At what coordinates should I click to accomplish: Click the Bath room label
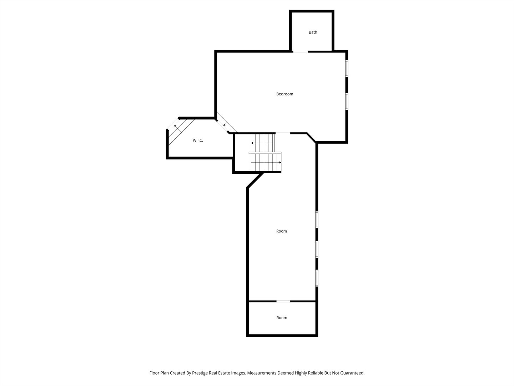(x=313, y=32)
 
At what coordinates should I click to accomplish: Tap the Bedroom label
(x=284, y=94)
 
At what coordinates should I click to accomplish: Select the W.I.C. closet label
(x=198, y=140)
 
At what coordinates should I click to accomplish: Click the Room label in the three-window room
(x=282, y=231)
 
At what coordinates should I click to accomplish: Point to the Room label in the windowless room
(x=282, y=318)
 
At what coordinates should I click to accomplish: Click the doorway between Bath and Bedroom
(x=301, y=51)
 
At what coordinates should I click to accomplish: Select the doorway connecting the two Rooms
(x=283, y=301)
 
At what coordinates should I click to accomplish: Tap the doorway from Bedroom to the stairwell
(x=283, y=133)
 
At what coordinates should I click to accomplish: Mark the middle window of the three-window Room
(x=317, y=249)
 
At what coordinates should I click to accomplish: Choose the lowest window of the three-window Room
(x=317, y=278)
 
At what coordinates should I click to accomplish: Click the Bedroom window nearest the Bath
(x=347, y=68)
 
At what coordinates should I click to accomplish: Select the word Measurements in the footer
(x=262, y=373)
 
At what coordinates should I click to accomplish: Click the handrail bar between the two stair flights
(x=265, y=153)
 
